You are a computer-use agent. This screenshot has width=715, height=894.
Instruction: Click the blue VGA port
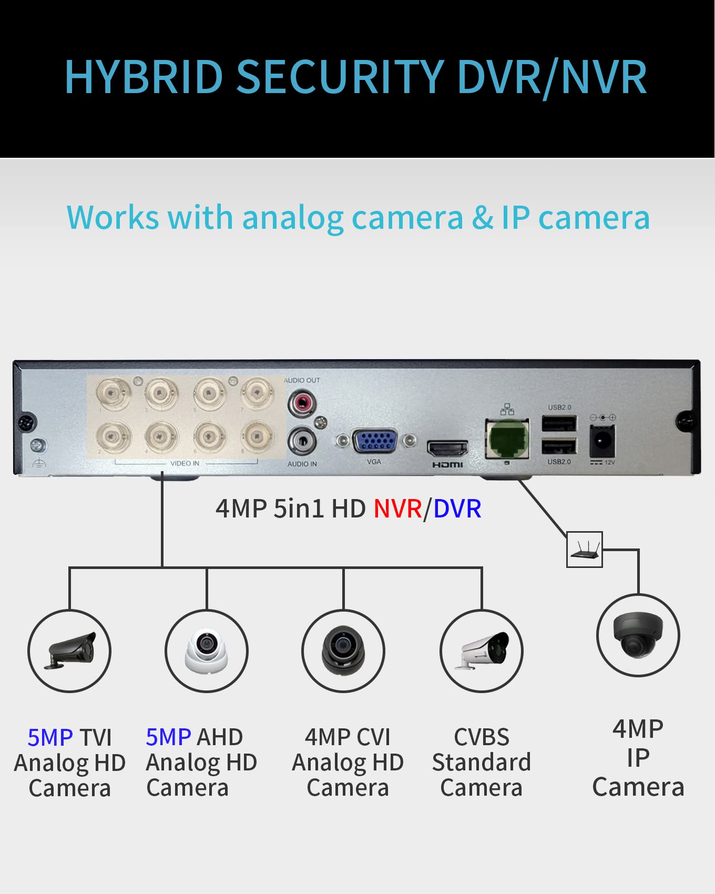[374, 441]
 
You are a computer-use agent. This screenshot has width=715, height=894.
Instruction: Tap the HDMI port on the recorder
[447, 449]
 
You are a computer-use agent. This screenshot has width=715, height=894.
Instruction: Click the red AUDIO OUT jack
[302, 403]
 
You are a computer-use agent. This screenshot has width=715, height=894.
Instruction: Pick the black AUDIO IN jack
[302, 440]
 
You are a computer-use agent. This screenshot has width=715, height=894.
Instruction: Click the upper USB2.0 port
[559, 424]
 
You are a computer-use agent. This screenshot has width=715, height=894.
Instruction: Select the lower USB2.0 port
[559, 446]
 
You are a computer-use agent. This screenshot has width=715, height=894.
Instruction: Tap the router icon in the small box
[584, 550]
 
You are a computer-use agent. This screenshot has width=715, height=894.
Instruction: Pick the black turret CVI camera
[343, 650]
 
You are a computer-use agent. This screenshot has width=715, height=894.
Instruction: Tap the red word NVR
[397, 509]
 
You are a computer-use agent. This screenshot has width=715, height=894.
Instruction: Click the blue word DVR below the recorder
[457, 509]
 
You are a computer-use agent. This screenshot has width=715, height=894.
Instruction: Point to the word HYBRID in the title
[144, 77]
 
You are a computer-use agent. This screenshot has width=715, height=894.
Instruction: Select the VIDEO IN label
[185, 463]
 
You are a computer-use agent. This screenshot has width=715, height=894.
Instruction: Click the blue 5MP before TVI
[50, 737]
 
